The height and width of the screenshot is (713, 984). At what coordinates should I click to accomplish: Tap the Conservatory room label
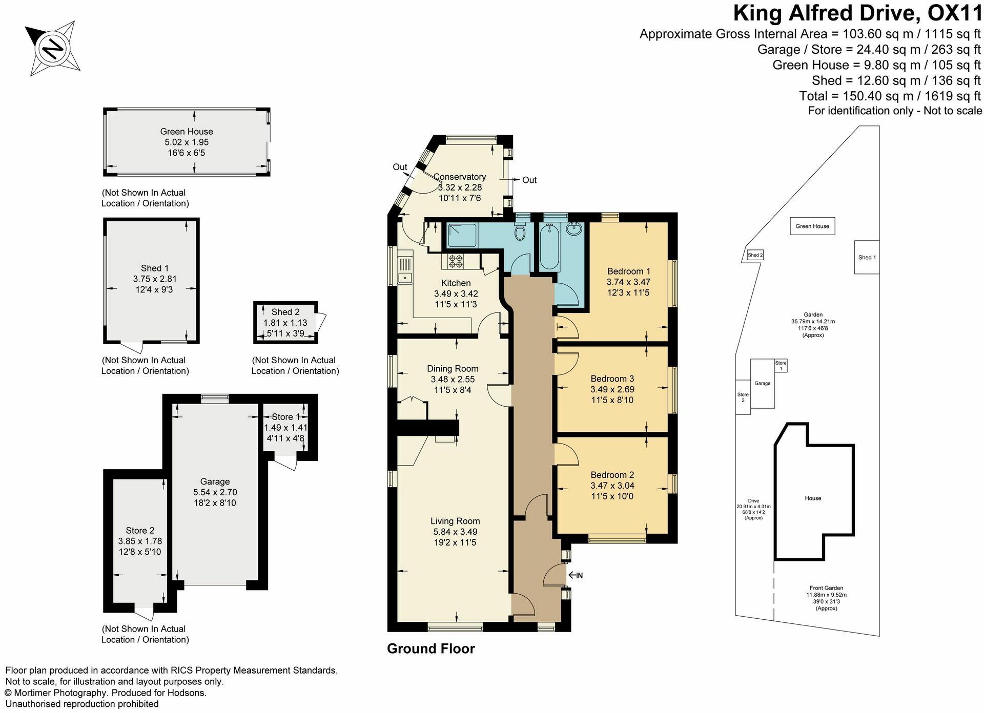[x=460, y=177]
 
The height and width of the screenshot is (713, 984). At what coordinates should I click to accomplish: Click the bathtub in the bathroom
[x=549, y=248]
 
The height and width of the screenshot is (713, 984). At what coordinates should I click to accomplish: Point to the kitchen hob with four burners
[x=456, y=261]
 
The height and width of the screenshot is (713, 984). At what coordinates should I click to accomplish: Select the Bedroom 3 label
[x=612, y=379]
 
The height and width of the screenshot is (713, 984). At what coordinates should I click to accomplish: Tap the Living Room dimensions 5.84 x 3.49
[x=455, y=532]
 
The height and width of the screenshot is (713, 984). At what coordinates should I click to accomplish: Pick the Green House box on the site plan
[x=812, y=226]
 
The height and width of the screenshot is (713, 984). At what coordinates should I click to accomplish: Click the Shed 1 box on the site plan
[x=867, y=257]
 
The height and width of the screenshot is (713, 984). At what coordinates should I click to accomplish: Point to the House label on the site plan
[x=813, y=498]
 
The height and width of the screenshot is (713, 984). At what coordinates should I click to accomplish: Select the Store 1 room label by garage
[x=285, y=417]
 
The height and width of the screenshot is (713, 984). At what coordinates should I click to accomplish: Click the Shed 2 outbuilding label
[x=285, y=312]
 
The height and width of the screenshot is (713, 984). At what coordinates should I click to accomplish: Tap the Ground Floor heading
[x=431, y=649]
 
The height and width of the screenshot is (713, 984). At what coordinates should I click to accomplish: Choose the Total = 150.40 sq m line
[x=890, y=96]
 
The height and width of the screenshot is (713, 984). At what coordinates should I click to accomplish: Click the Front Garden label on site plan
[x=826, y=588]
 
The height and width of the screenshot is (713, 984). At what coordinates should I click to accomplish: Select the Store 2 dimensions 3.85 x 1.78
[x=140, y=541]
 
